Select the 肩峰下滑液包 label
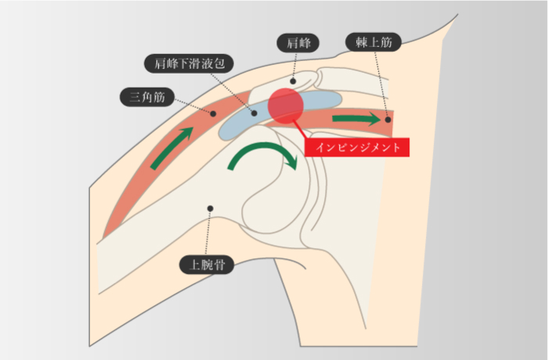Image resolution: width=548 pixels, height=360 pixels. point(191,63)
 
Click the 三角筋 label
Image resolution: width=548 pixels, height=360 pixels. point(147,98)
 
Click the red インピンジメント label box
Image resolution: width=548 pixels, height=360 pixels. point(356,146)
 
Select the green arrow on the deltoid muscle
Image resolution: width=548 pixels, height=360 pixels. point(170,146)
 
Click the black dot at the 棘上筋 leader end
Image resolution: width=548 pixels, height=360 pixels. point(388,120)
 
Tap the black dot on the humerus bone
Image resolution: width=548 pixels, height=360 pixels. point(209,208)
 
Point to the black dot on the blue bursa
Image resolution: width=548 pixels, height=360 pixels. point(254,113)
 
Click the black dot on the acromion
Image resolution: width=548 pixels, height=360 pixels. point(294,80)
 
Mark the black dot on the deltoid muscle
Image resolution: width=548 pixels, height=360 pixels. point(212,113)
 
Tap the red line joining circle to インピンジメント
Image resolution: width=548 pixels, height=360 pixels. point(297,129)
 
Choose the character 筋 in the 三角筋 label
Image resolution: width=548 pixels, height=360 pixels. point(160,98)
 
